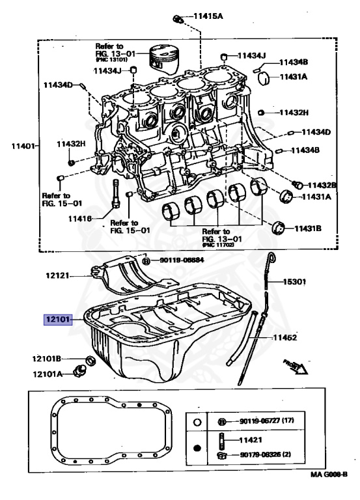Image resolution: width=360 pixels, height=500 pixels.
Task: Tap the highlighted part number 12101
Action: click(x=57, y=320)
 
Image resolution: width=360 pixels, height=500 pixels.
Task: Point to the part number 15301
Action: click(x=294, y=282)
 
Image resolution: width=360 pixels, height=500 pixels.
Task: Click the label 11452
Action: click(x=285, y=338)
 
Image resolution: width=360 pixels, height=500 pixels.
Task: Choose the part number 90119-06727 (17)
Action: click(x=268, y=422)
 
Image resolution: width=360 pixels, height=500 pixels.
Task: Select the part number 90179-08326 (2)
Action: click(x=265, y=454)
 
